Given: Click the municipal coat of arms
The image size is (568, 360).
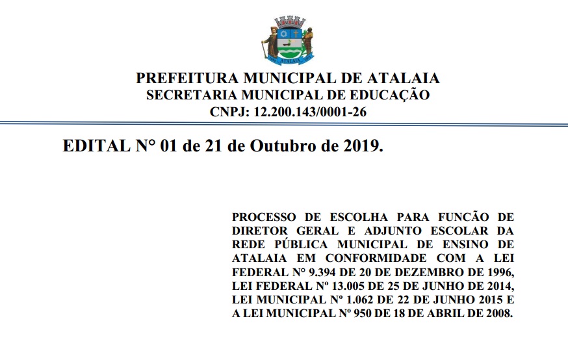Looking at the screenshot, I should (x=287, y=40).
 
